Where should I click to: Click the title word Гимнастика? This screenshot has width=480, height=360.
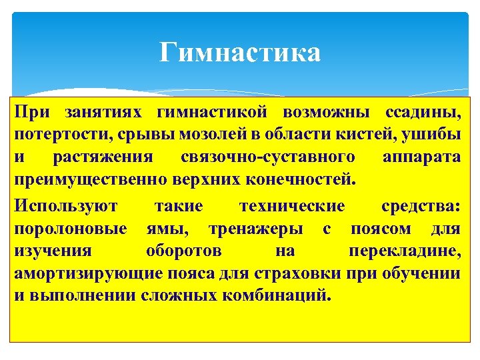pos(240,52)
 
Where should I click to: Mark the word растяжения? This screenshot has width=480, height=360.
pos(100,157)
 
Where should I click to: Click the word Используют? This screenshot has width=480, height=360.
pos(61,205)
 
